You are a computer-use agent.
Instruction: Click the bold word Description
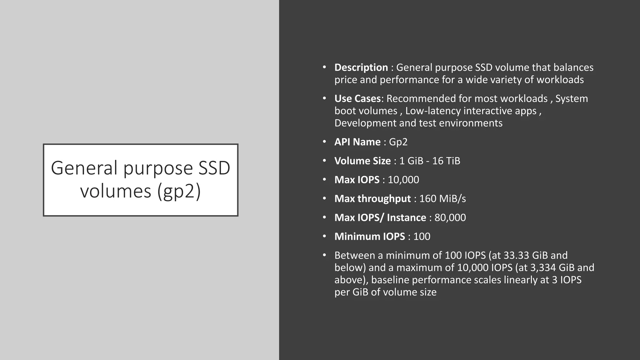361,67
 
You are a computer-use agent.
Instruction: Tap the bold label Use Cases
357,99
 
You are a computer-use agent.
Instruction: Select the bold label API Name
357,142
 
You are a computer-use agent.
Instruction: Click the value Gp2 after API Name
398,142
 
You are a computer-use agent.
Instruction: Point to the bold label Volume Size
362,161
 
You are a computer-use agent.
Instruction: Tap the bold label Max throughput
372,199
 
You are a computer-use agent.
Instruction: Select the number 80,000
450,217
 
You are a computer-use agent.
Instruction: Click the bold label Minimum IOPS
370,237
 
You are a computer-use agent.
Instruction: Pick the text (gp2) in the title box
179,191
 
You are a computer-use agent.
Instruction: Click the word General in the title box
84,168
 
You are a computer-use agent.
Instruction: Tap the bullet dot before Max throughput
325,198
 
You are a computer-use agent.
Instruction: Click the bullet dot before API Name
325,142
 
